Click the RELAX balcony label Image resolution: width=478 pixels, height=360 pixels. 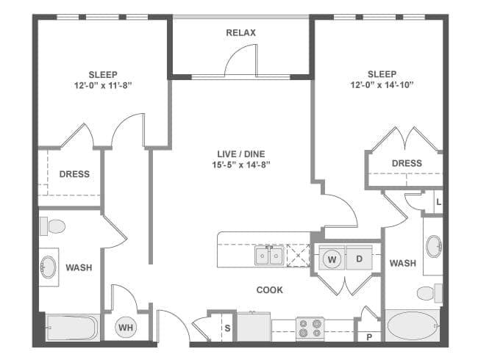pyautogui.click(x=240, y=32)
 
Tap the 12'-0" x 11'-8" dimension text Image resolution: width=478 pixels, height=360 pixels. pyautogui.click(x=103, y=85)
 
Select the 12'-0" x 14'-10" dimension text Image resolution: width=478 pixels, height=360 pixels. pyautogui.click(x=382, y=84)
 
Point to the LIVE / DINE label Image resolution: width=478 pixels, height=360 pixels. pyautogui.click(x=240, y=154)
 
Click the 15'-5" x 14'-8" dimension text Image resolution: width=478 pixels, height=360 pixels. pyautogui.click(x=241, y=165)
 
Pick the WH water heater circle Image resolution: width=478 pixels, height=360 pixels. pyautogui.click(x=126, y=328)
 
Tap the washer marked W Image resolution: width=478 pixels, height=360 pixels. pyautogui.click(x=332, y=259)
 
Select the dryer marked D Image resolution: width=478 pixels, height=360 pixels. pyautogui.click(x=360, y=259)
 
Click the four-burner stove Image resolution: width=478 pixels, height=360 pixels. pyautogui.click(x=310, y=328)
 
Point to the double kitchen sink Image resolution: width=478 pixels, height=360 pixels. pyautogui.click(x=269, y=255)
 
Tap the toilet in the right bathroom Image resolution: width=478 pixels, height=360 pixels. pyautogui.click(x=429, y=293)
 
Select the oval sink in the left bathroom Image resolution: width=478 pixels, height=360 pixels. pyautogui.click(x=48, y=267)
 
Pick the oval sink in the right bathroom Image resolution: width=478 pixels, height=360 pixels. pyautogui.click(x=434, y=246)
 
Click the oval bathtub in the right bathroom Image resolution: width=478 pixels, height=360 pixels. pyautogui.click(x=412, y=325)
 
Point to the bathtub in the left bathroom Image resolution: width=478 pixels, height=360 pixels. pyautogui.click(x=73, y=328)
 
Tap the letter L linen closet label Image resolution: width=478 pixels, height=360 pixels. pyautogui.click(x=439, y=202)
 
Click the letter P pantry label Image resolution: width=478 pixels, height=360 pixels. pyautogui.click(x=369, y=337)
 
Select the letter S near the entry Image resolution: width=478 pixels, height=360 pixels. pyautogui.click(x=227, y=328)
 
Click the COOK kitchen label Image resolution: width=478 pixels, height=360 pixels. pyautogui.click(x=269, y=290)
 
